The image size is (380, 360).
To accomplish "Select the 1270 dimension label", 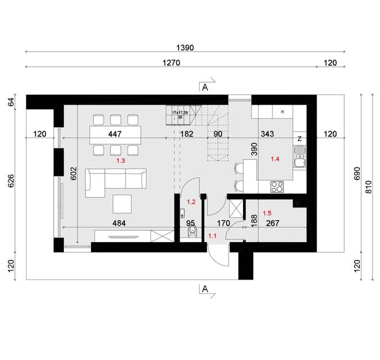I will coord(171,63).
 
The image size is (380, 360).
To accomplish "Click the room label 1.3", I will coord(120,162).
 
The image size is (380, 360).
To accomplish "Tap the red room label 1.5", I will coord(267,213).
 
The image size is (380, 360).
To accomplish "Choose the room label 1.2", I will coord(192,202).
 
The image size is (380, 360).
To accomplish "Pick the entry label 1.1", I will coord(212,235).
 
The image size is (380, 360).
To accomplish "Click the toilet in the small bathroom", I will coord(192,231).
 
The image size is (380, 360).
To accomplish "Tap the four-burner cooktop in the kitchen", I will coord(277,186).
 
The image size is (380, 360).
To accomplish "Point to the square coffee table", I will coord(121,203).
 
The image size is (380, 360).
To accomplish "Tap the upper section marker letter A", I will coord(204,87).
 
